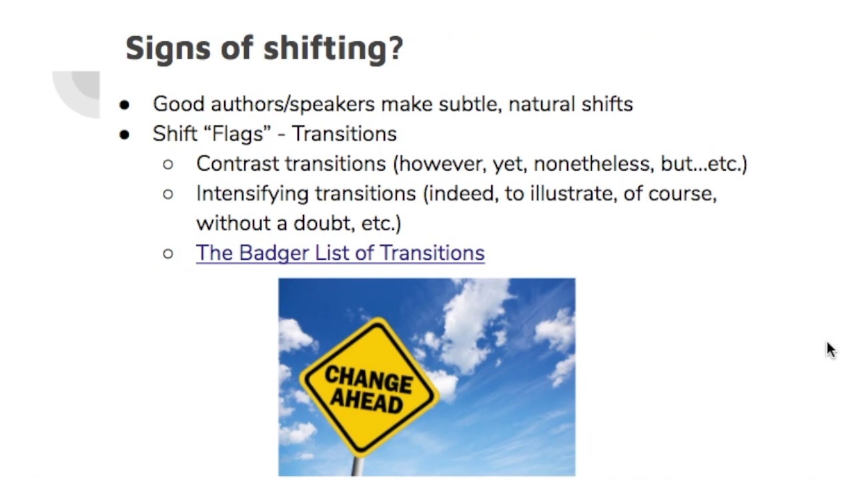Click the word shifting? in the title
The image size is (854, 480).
(333, 49)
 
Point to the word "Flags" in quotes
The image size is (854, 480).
(238, 134)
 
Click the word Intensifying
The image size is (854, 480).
(252, 194)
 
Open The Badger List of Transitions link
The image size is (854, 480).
(340, 253)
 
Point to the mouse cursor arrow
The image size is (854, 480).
(830, 349)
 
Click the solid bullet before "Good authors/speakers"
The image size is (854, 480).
(125, 105)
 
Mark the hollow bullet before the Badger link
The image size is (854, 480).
(168, 253)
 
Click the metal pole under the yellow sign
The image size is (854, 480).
(358, 466)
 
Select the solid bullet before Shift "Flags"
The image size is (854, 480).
(125, 135)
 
